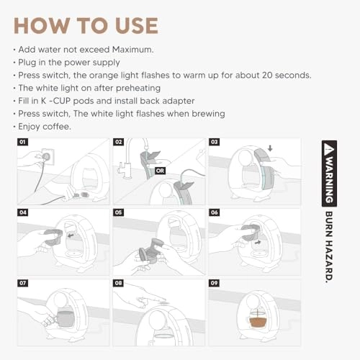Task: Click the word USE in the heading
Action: click(137, 26)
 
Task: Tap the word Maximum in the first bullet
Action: click(132, 50)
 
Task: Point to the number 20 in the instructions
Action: click(267, 76)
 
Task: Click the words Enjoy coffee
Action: click(45, 127)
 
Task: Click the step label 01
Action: click(22, 142)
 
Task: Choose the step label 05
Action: click(118, 212)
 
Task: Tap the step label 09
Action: click(214, 283)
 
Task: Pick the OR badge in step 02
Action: click(160, 171)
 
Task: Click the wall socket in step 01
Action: click(48, 156)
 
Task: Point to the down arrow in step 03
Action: click(270, 148)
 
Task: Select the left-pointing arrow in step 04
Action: click(71, 235)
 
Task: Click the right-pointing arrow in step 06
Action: click(258, 243)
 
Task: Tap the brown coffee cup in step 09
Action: click(258, 323)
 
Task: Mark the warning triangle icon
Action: click(329, 148)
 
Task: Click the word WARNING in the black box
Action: click(329, 179)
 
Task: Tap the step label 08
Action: click(118, 283)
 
